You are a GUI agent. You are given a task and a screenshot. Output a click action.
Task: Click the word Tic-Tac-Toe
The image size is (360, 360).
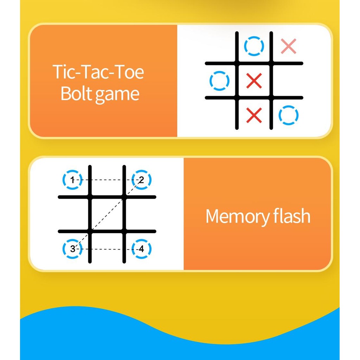[x=98, y=72]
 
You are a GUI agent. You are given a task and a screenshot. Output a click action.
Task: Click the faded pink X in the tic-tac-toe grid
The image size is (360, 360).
[x=289, y=46]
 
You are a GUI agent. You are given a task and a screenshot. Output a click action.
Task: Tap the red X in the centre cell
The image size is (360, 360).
[x=254, y=81]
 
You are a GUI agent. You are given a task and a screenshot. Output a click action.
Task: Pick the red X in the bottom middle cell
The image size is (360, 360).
[x=254, y=115]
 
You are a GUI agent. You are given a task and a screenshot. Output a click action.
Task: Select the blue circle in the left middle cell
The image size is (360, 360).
[x=219, y=81]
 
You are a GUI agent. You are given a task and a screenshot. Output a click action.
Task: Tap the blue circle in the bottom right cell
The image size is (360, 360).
[x=289, y=115]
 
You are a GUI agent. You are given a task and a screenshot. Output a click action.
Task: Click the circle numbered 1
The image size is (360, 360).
[x=72, y=180]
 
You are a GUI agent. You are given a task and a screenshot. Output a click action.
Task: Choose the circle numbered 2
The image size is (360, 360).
[x=141, y=180]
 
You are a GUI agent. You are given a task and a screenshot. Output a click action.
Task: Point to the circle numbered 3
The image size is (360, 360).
[x=72, y=249]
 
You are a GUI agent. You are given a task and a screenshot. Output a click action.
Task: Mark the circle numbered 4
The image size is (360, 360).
[x=141, y=249]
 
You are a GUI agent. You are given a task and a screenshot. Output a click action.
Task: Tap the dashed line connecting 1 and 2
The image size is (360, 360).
[x=107, y=180]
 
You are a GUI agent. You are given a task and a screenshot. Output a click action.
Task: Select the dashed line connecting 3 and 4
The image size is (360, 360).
[x=107, y=249]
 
